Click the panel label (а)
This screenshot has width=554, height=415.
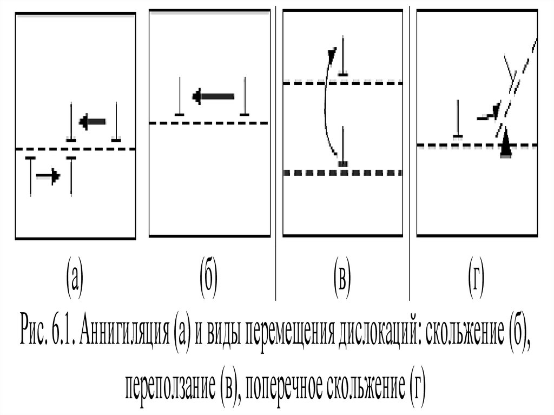pyautogui.click(x=74, y=277)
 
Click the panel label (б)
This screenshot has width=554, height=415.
pyautogui.click(x=208, y=277)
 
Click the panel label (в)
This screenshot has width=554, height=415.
pyautogui.click(x=341, y=277)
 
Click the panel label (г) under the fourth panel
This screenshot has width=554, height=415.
pyautogui.click(x=476, y=277)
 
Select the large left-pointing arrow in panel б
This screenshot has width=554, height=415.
pyautogui.click(x=213, y=97)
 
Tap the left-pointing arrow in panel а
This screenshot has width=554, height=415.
pyautogui.click(x=93, y=122)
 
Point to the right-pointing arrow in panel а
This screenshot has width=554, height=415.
pyautogui.click(x=48, y=176)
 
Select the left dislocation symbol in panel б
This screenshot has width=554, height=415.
pyautogui.click(x=180, y=97)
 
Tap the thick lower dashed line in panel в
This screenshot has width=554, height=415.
pyautogui.click(x=342, y=173)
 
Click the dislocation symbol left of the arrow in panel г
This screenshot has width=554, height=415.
pyautogui.click(x=458, y=120)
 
